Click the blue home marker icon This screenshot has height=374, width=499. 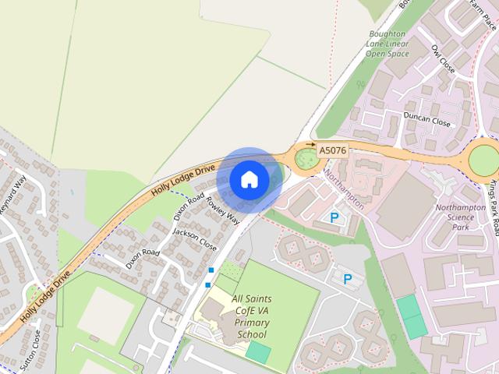coord(249,179)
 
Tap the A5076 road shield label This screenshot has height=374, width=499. coord(332,149)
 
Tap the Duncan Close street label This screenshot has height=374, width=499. coord(426,122)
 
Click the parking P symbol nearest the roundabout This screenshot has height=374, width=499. coord(335,218)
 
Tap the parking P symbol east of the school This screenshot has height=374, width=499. coord(348,278)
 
